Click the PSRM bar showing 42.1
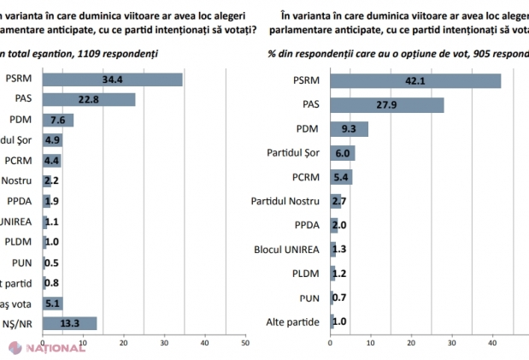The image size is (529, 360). click(415, 81)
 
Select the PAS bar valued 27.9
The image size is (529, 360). click(386, 105)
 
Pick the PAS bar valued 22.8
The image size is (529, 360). click(89, 100)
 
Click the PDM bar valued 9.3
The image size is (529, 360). click(349, 129)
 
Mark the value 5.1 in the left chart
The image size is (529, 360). click(52, 302)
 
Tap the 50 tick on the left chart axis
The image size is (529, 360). click(244, 345)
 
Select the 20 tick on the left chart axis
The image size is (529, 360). click(123, 345)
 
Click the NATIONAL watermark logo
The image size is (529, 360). click(44, 348)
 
